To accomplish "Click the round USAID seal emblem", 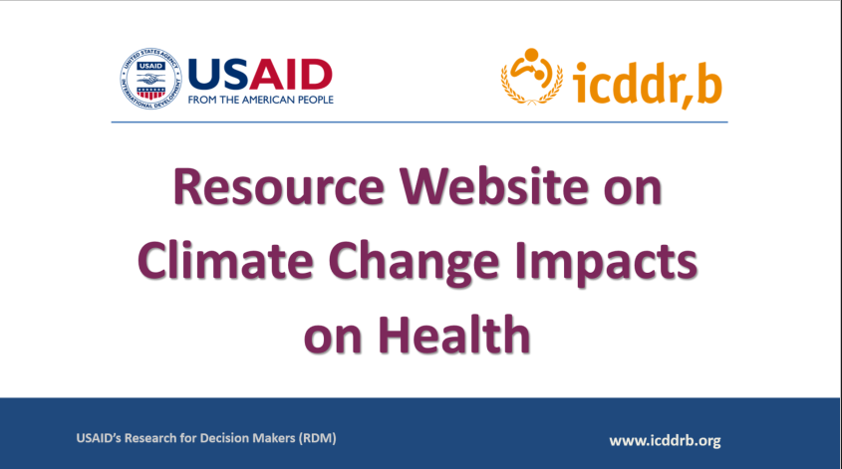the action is [x=150, y=79].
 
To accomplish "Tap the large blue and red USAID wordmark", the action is [x=260, y=75].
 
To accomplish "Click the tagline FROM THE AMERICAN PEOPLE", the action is [x=260, y=100].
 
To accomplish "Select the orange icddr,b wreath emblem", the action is [x=532, y=77].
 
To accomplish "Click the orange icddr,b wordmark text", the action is [x=647, y=83].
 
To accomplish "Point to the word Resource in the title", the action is [x=279, y=187].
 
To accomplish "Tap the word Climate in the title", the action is [x=225, y=260].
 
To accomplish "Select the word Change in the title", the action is [x=414, y=263].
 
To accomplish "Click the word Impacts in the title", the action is [x=606, y=262].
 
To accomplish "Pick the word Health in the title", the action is [x=454, y=335].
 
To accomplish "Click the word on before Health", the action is [x=333, y=340].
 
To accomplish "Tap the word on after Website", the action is [x=633, y=191].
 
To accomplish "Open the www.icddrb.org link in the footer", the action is [x=665, y=440].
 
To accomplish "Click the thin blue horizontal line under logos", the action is [x=420, y=122].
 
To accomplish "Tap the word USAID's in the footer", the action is [x=99, y=438].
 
